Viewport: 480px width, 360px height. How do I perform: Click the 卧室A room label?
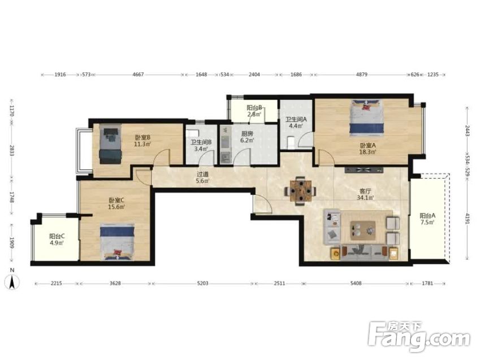367,145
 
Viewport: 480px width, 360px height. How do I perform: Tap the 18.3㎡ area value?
367,151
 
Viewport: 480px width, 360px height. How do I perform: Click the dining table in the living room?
301,190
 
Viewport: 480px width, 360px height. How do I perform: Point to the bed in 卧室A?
367,118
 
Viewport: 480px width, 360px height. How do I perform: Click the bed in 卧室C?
118,242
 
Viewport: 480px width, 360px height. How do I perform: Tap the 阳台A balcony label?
427,216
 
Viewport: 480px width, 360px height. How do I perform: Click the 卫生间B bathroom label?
201,142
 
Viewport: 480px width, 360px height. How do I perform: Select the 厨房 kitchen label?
247,134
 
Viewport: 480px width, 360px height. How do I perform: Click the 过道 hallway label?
202,174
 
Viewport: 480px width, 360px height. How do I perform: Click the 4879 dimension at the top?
361,75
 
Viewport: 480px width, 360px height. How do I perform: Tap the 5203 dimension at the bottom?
202,284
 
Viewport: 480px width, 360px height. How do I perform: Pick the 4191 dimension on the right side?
467,219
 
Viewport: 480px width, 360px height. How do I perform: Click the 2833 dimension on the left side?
12,150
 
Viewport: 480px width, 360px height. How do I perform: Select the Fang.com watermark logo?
419,337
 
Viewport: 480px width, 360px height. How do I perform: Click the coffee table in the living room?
363,229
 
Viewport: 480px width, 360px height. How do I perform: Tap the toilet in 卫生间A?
291,142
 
